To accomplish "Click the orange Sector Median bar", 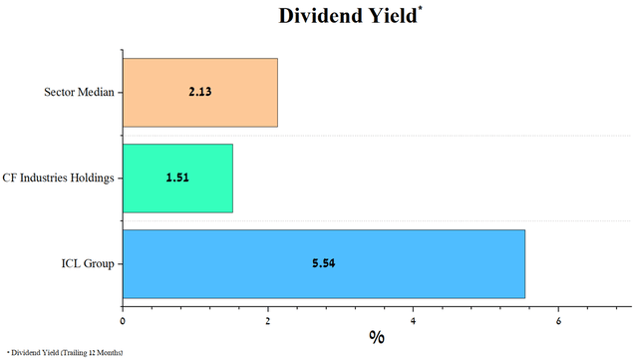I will click(x=199, y=93).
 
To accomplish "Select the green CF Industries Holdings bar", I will click(x=177, y=179).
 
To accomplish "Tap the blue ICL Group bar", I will click(x=323, y=264).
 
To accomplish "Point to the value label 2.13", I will click(x=199, y=93).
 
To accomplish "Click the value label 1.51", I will click(x=177, y=179).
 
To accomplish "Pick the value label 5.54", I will click(x=323, y=264).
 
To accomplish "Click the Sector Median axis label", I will click(x=79, y=93).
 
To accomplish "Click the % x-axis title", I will click(x=377, y=336).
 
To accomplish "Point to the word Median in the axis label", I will click(x=97, y=93).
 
